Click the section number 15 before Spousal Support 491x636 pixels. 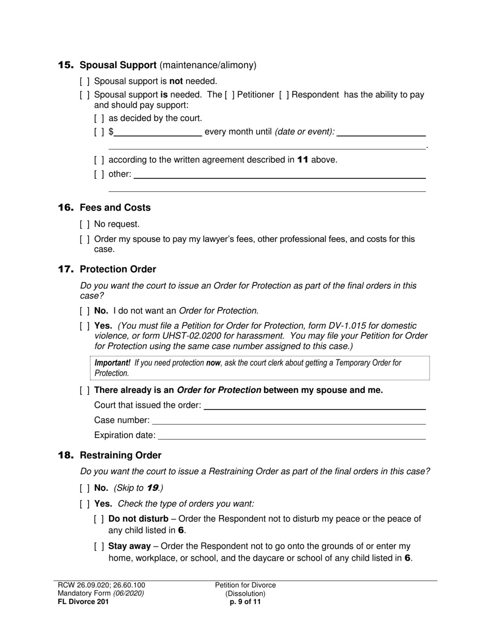coord(66,65)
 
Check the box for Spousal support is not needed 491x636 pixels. coord(85,81)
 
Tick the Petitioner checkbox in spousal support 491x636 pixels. coord(229,95)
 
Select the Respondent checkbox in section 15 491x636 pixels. coord(284,95)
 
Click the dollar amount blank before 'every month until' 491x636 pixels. coord(158,132)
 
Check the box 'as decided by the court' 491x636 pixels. coord(99,118)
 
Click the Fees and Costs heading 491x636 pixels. coord(115,208)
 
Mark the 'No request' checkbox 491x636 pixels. coord(85,224)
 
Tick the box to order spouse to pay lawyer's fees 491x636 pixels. coord(85,239)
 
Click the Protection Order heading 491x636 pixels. coord(118,269)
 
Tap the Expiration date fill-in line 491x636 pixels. coord(291,435)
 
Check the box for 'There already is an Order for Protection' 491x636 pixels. coord(85,390)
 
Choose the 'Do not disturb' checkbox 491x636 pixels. coord(99,519)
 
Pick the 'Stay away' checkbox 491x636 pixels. coord(99,547)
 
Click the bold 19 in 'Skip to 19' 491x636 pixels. coord(152,488)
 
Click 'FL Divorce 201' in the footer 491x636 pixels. coord(83,602)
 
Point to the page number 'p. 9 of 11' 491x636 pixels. coord(245,602)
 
